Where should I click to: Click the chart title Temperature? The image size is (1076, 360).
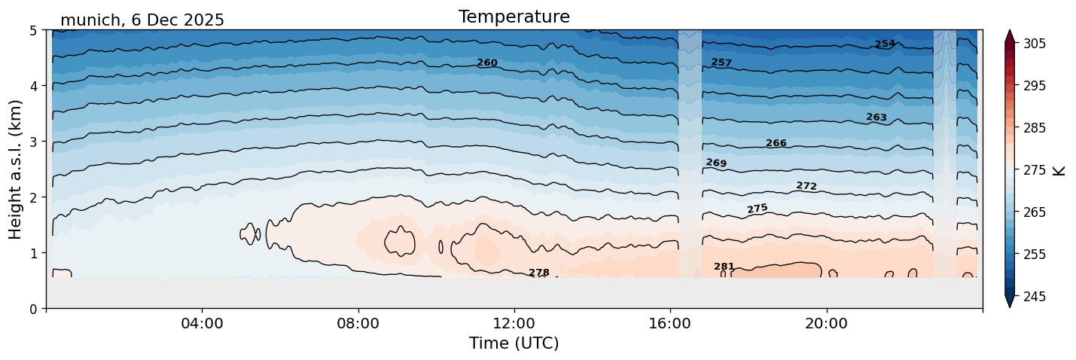pyautogui.click(x=514, y=17)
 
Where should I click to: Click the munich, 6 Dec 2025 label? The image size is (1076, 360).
pyautogui.click(x=142, y=20)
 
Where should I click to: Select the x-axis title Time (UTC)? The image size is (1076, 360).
pyautogui.click(x=514, y=343)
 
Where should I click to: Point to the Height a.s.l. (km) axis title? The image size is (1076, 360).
pyautogui.click(x=16, y=169)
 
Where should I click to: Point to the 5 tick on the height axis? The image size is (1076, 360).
pyautogui.click(x=33, y=31)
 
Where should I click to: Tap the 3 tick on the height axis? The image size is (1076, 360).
pyautogui.click(x=33, y=142)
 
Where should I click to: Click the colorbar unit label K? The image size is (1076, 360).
pyautogui.click(x=1059, y=169)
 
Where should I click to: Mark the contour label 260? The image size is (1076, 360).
pyautogui.click(x=487, y=63)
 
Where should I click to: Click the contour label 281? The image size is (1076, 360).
pyautogui.click(x=724, y=267)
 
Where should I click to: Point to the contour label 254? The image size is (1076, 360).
pyautogui.click(x=885, y=44)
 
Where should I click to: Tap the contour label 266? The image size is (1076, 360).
pyautogui.click(x=776, y=144)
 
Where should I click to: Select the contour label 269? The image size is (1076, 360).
pyautogui.click(x=716, y=163)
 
